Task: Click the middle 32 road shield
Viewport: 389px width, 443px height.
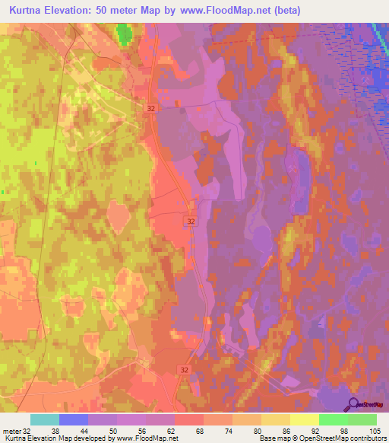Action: tap(190, 221)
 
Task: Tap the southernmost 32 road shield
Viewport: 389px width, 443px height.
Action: tap(184, 369)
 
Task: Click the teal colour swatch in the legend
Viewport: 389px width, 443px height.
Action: tap(45, 419)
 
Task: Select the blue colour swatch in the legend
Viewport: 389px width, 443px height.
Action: tap(74, 419)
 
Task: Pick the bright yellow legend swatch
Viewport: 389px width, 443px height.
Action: tap(304, 419)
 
